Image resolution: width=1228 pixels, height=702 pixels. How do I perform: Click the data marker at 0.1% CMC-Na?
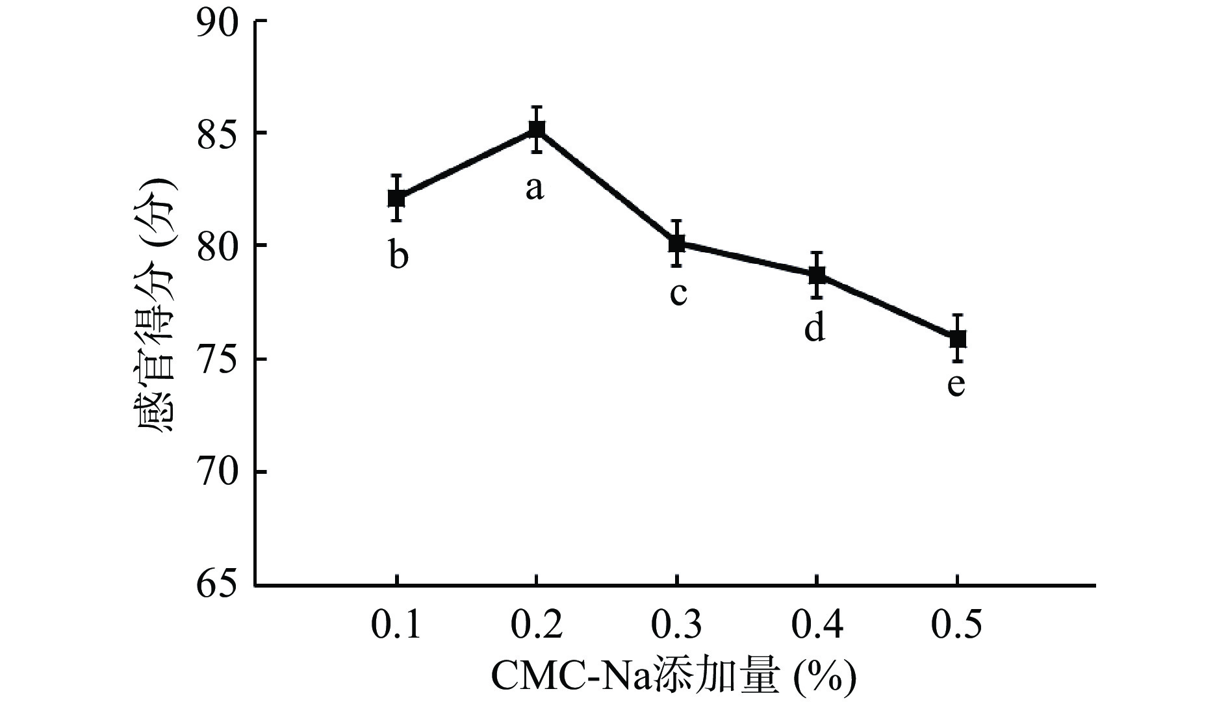tap(396, 198)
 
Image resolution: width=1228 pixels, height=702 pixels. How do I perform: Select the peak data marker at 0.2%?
tap(537, 129)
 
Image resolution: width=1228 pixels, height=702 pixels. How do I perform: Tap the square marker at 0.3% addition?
tap(677, 244)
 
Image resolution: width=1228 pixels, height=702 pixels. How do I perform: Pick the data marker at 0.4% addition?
tap(817, 275)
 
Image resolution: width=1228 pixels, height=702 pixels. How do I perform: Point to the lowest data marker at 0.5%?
tap(957, 338)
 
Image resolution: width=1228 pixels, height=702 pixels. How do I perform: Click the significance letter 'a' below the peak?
tap(534, 188)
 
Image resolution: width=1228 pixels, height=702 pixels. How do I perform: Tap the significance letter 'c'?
tap(678, 294)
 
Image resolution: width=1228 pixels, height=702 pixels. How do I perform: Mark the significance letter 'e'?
tap(956, 384)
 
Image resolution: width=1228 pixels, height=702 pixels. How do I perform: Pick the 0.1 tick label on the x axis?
tap(396, 626)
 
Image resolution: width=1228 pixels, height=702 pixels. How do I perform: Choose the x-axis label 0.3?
tap(677, 626)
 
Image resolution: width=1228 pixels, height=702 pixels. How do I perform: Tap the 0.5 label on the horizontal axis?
tap(957, 626)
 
